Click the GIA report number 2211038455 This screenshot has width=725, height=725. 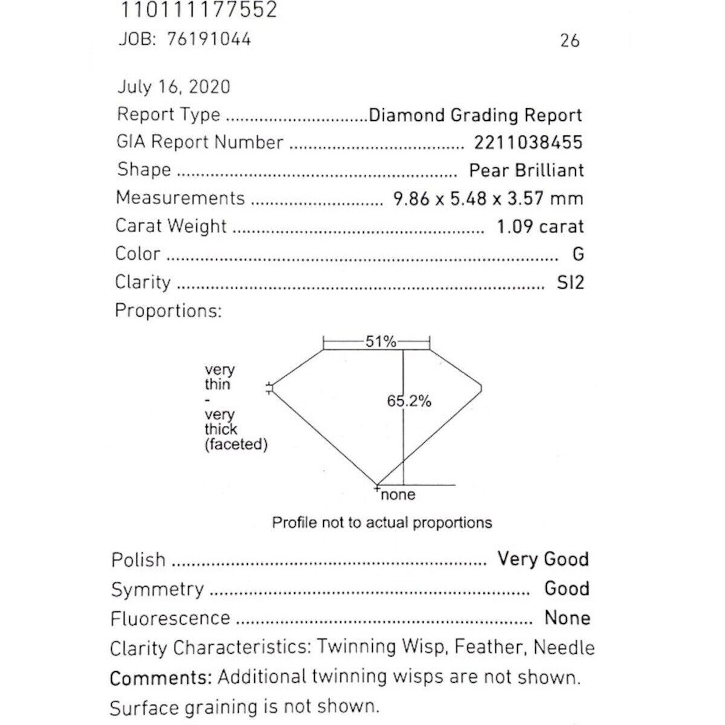[x=528, y=143]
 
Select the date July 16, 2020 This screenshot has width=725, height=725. [x=173, y=87]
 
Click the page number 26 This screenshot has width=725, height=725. [x=570, y=41]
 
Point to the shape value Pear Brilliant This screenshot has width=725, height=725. [x=526, y=170]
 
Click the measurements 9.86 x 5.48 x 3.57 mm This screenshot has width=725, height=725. [x=488, y=198]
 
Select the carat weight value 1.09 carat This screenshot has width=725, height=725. [x=540, y=227]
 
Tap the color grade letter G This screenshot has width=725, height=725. [x=578, y=254]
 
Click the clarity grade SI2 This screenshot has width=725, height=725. [x=570, y=283]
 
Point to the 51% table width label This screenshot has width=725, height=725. [x=380, y=342]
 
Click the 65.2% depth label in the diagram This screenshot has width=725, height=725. [x=409, y=401]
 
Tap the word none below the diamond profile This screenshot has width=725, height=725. [x=398, y=495]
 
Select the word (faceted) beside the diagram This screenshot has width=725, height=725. [x=236, y=445]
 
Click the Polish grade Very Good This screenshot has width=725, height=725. [x=543, y=559]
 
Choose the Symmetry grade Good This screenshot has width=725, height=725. [x=566, y=588]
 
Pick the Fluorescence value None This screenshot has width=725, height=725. [x=567, y=618]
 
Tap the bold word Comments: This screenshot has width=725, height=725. [x=161, y=677]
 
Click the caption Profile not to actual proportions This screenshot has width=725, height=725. [x=382, y=523]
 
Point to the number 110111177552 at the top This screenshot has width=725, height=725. [x=199, y=10]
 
